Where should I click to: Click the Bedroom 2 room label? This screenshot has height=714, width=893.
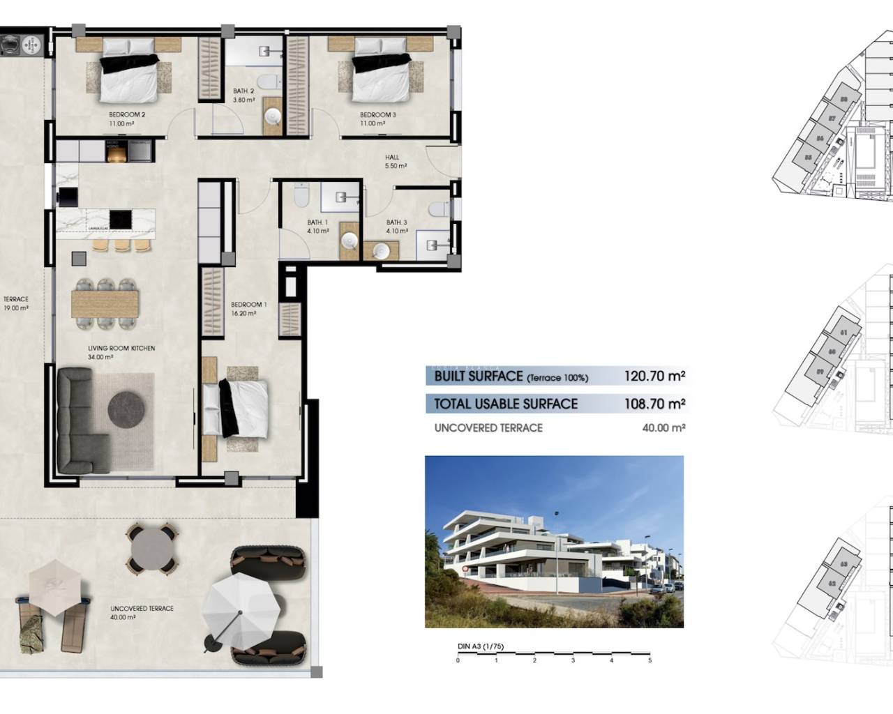[126, 115]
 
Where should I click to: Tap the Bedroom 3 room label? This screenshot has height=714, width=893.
[377, 115]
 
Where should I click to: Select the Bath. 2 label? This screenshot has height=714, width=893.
[243, 91]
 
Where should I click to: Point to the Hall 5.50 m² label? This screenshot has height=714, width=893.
[395, 162]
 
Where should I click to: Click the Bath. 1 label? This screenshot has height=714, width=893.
[317, 223]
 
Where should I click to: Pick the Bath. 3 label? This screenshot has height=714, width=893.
[396, 223]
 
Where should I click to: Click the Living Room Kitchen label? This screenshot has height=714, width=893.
[121, 349]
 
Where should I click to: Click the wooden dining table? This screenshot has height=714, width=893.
[105, 303]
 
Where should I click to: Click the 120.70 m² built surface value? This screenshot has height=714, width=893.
[654, 377]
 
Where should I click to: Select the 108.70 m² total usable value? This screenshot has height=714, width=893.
[654, 404]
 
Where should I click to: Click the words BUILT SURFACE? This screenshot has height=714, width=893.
[478, 377]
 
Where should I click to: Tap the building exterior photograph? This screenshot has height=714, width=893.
[554, 542]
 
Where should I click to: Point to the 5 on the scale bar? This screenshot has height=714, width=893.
[650, 660]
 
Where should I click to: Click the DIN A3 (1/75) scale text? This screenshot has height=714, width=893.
[478, 647]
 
